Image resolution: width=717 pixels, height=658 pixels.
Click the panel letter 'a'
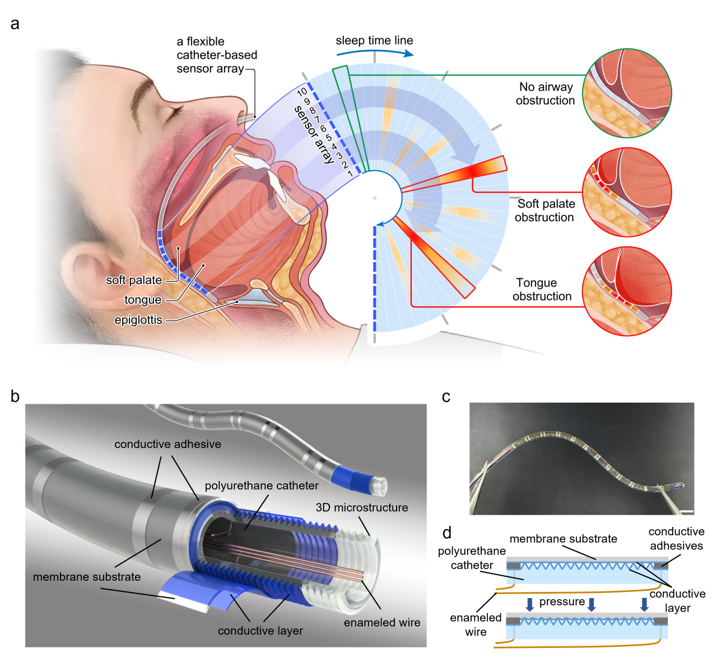pyautogui.click(x=15, y=24)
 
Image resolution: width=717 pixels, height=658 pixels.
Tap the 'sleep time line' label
pyautogui.click(x=374, y=40)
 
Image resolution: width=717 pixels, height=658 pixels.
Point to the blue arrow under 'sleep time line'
pyautogui.click(x=375, y=52)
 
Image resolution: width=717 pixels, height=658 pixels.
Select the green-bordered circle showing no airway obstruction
pyautogui.click(x=627, y=92)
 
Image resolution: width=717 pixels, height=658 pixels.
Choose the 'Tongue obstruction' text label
pyautogui.click(x=542, y=290)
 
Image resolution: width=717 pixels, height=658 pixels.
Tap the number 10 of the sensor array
pyautogui.click(x=302, y=92)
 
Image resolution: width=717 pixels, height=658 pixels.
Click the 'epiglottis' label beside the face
pyautogui.click(x=138, y=320)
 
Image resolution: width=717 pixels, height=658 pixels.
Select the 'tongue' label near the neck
pyautogui.click(x=143, y=300)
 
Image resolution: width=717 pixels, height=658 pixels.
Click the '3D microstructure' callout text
pyautogui.click(x=362, y=507)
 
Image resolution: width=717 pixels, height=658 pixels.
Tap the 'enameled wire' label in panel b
pyautogui.click(x=382, y=622)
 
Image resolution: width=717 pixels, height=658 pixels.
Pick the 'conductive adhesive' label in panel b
pyautogui.click(x=167, y=444)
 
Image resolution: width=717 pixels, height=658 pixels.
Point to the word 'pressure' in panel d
pyautogui.click(x=562, y=601)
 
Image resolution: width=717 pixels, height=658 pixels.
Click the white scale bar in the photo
pyautogui.click(x=687, y=511)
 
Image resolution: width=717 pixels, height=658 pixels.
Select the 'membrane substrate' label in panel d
pyautogui.click(x=563, y=539)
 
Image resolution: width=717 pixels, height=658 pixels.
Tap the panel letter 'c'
pyautogui.click(x=446, y=396)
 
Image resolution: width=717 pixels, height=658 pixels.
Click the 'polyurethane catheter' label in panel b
pyautogui.click(x=262, y=486)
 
